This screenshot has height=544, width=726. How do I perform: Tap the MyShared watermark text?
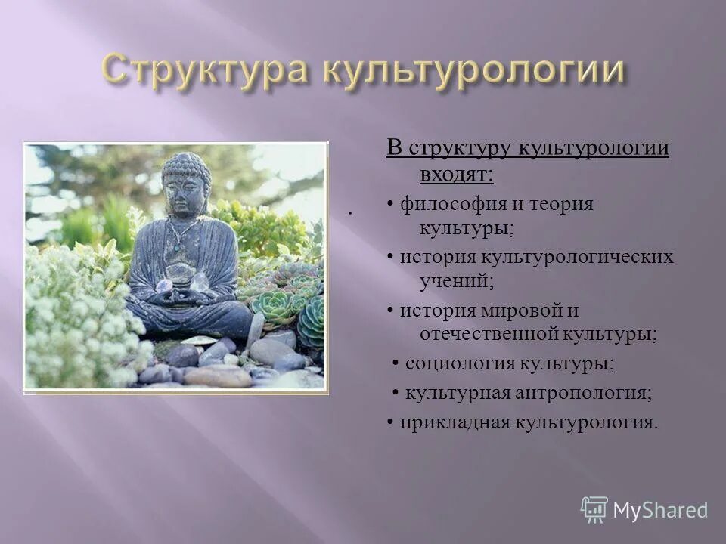coord(660,510)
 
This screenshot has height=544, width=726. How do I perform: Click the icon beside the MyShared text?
coord(594,510)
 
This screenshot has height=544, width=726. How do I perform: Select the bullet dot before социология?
coord(396,364)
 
